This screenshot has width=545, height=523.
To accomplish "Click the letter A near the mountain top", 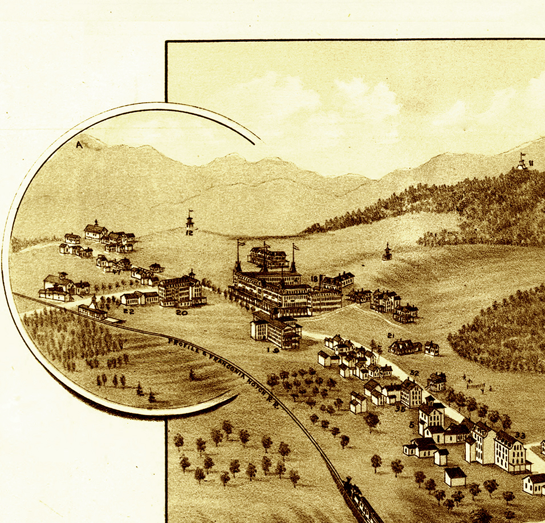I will (x=79, y=145).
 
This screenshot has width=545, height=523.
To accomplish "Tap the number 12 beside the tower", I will (x=190, y=232).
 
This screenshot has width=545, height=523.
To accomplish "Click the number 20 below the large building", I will (x=181, y=313).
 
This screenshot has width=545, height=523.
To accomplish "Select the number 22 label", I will (x=128, y=311).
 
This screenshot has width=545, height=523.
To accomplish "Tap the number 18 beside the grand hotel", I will (x=314, y=279).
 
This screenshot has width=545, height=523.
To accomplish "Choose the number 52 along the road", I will (x=414, y=373).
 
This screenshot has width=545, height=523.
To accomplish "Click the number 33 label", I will (x=519, y=436).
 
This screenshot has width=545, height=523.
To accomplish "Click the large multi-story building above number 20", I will (x=181, y=290).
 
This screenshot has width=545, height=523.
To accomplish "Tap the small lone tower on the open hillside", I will (x=387, y=252).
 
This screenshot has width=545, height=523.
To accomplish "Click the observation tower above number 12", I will (x=190, y=220).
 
